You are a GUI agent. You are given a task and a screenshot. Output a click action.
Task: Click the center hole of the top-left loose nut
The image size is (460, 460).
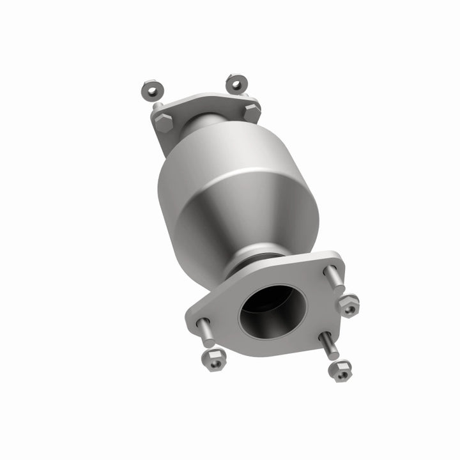click(x=151, y=88)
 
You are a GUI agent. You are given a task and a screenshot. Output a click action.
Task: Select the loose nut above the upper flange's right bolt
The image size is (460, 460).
click(x=236, y=83)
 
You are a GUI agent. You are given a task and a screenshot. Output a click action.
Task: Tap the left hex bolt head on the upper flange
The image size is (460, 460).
click(x=164, y=122)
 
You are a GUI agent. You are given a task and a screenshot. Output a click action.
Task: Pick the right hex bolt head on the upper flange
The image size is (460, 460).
click(x=252, y=112)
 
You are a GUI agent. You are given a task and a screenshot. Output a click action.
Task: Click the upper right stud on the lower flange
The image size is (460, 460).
click(x=334, y=279)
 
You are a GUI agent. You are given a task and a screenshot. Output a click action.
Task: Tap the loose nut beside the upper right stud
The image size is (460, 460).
click(x=348, y=305)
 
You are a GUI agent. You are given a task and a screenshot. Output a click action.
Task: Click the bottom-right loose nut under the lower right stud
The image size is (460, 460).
click(x=340, y=371)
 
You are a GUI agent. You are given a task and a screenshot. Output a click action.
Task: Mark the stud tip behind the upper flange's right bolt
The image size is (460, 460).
click(x=245, y=96)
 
